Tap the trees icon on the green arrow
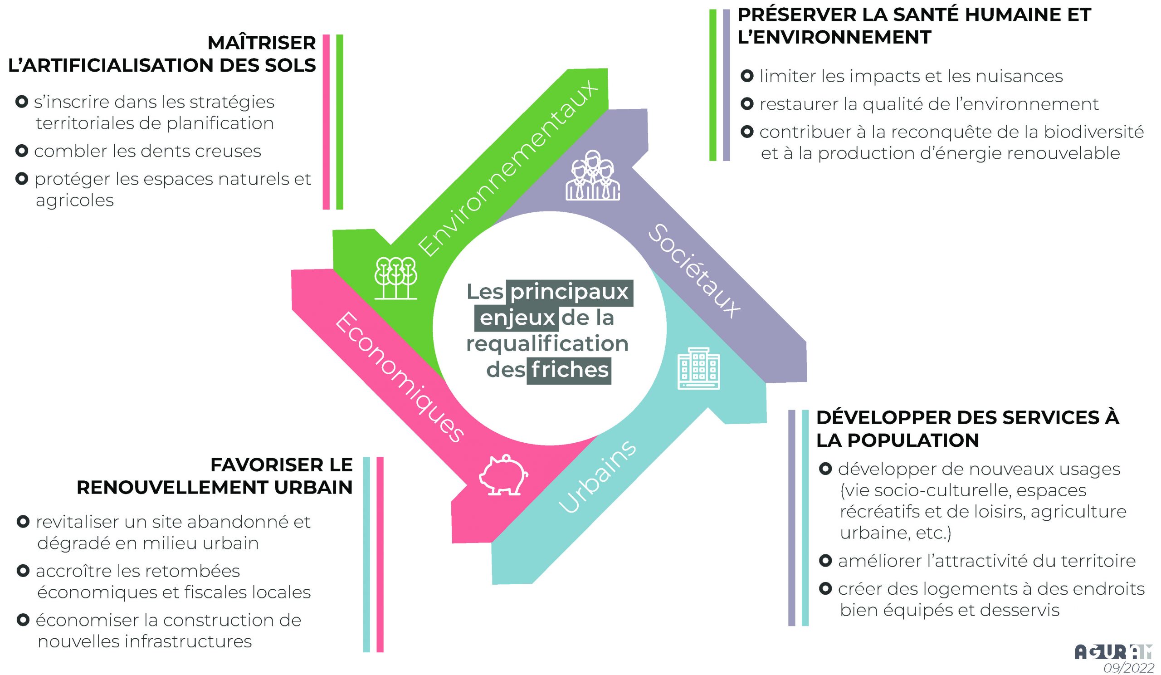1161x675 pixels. tap(396, 278)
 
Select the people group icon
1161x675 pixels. tap(592, 176)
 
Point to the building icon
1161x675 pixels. tap(698, 368)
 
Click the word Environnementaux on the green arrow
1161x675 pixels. tap(507, 168)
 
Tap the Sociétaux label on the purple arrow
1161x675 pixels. tap(694, 271)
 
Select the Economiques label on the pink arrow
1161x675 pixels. tap(399, 377)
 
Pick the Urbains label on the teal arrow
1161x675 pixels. tap(597, 477)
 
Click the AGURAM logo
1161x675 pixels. tap(1112, 652)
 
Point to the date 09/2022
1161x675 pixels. tap(1128, 668)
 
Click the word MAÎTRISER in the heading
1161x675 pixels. tap(262, 43)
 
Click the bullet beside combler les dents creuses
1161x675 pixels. tap(22, 151)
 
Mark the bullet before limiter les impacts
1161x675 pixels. tap(747, 76)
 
